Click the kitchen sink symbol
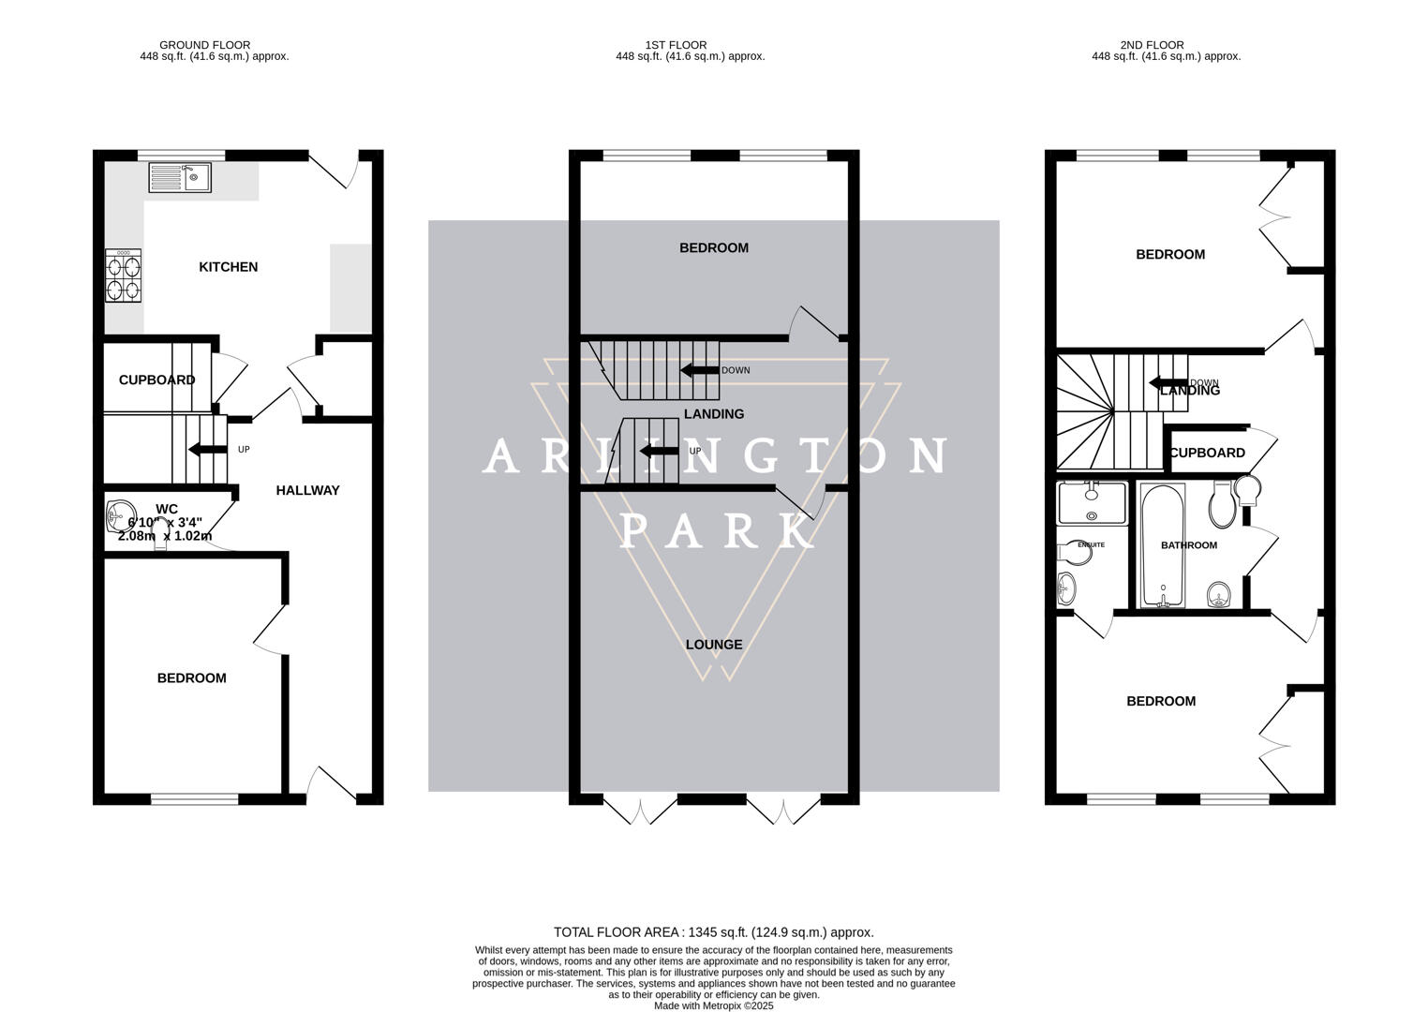click(x=180, y=177)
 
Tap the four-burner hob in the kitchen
click(x=124, y=275)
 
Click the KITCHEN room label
click(x=228, y=267)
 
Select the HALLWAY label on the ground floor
click(x=307, y=490)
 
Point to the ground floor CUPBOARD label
click(x=156, y=379)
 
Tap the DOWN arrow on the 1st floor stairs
click(x=699, y=370)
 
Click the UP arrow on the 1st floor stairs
click(x=659, y=451)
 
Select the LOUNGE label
click(x=713, y=645)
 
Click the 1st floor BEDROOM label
click(x=713, y=248)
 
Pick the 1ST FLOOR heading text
click(x=676, y=44)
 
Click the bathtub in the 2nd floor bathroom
click(x=1162, y=545)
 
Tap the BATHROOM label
click(x=1188, y=545)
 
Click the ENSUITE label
click(x=1091, y=544)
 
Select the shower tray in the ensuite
click(x=1092, y=503)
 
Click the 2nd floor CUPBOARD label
click(x=1208, y=453)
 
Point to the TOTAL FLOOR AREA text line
click(x=713, y=932)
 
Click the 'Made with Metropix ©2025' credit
click(x=713, y=1005)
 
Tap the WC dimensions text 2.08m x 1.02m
click(x=164, y=536)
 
